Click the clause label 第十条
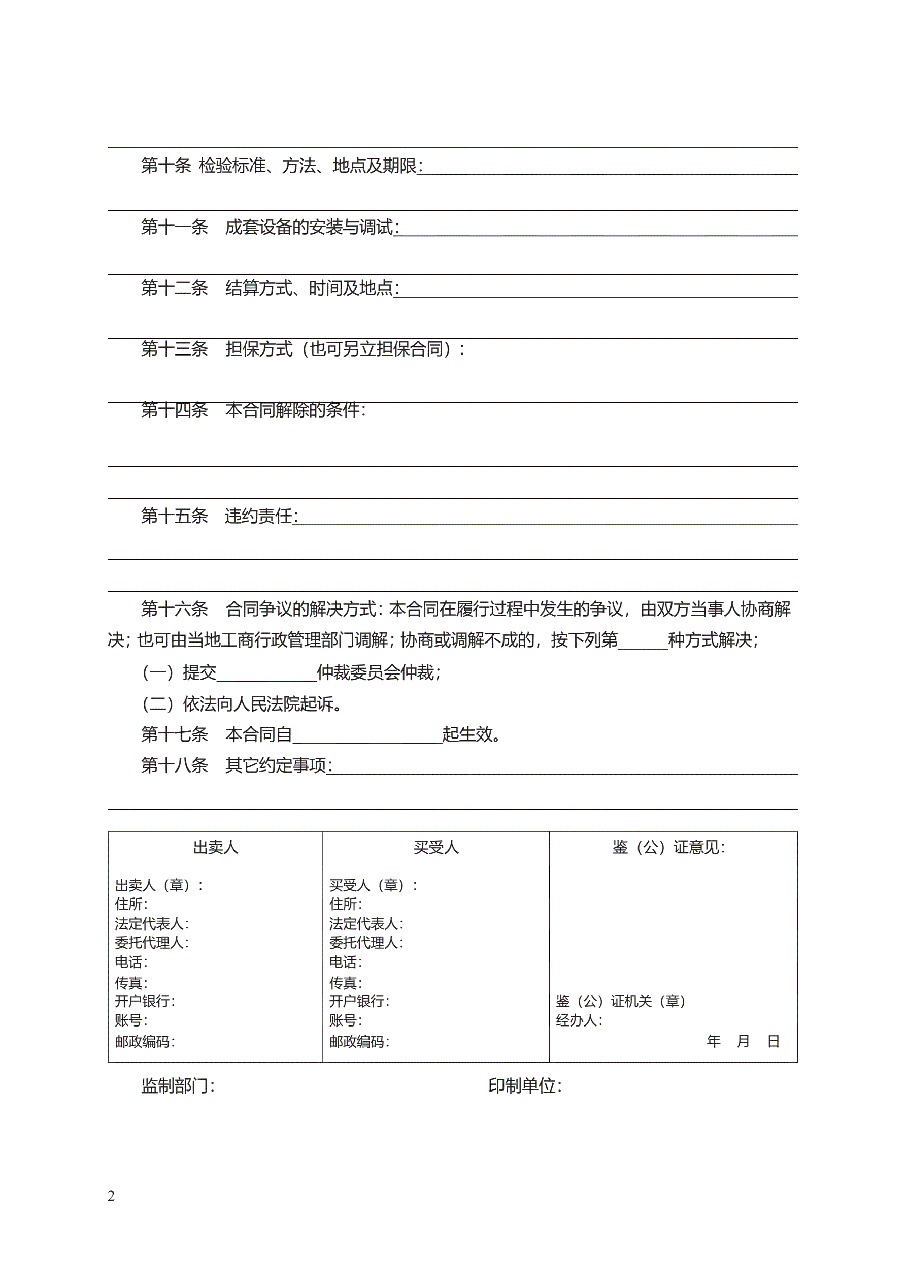pos(166,166)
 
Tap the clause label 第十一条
pos(174,227)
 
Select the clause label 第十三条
pos(174,349)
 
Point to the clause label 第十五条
pos(174,516)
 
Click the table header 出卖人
pos(216,848)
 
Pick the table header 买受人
pos(436,848)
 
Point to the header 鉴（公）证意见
pos(668,848)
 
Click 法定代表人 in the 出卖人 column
pos(150,924)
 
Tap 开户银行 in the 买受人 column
pos(357,1001)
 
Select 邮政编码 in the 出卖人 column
pos(143,1042)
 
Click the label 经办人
pos(577,1020)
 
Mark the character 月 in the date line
pos(743,1041)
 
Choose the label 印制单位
pos(522,1086)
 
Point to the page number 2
pos(111,1196)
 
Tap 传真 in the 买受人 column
pos(344,982)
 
